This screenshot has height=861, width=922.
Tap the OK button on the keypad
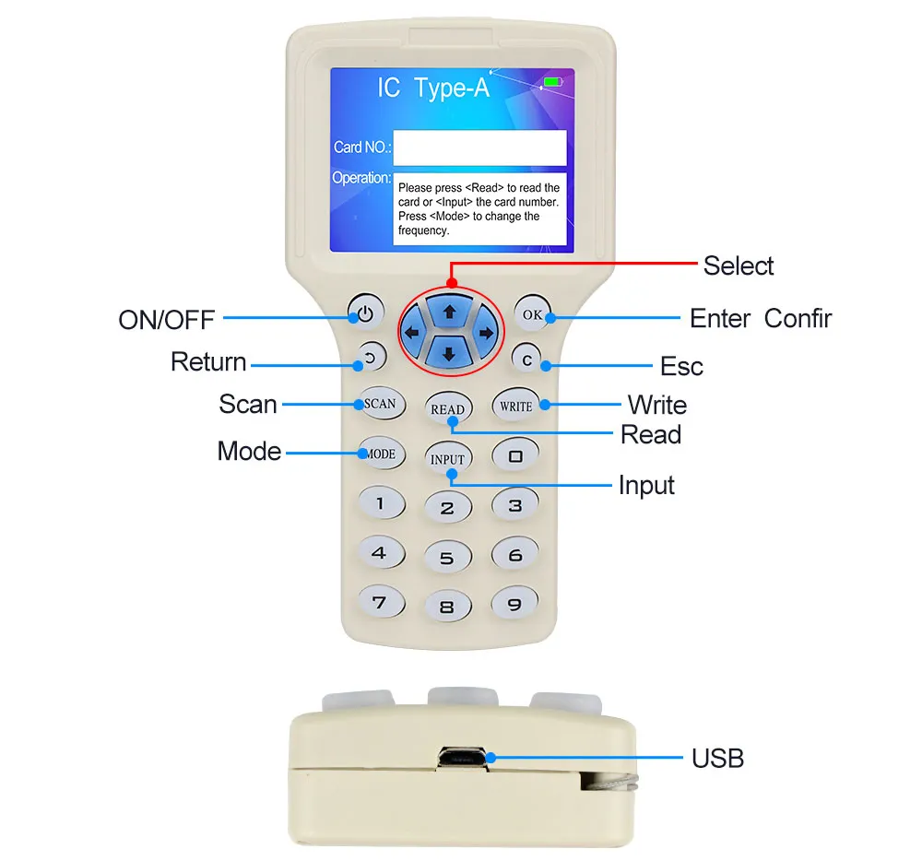point(532,314)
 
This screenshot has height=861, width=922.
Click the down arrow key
point(449,350)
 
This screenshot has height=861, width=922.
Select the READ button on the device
point(448,408)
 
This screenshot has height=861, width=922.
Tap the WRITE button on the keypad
point(515,406)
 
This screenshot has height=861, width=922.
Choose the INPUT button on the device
point(448,458)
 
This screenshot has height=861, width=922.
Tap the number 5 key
point(447,557)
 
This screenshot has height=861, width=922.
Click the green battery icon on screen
point(552,82)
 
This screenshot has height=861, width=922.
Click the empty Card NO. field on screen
point(479,147)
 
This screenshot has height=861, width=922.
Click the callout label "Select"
point(739,266)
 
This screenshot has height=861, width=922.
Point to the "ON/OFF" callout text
point(166,320)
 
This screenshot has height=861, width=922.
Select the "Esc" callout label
point(681,367)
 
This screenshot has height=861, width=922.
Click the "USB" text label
point(717,759)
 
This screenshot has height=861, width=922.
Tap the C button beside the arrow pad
point(526,360)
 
